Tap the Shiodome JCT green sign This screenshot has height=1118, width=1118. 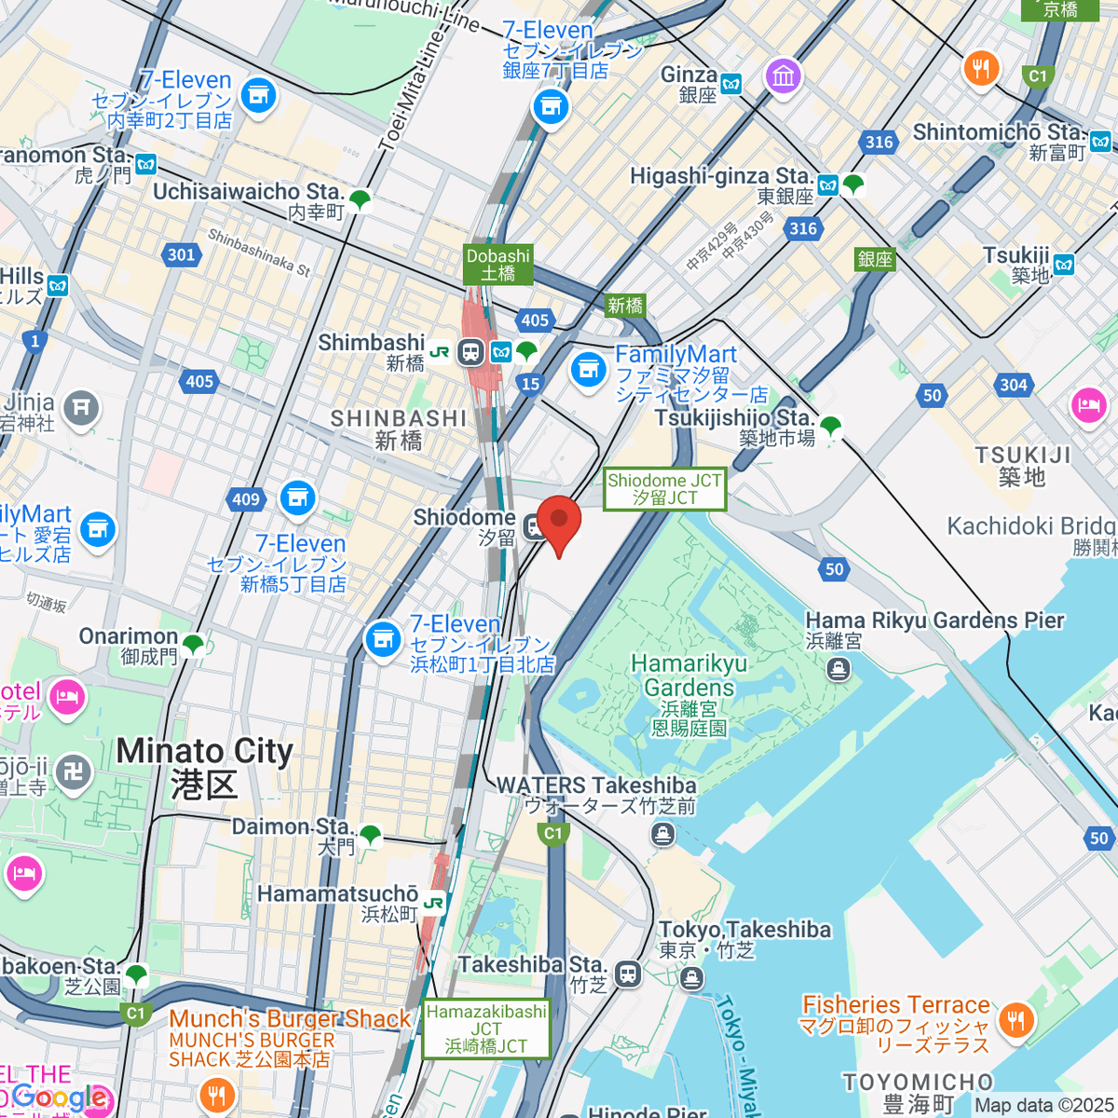pos(664,489)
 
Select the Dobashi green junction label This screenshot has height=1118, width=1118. pos(498,265)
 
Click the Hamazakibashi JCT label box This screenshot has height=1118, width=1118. pos(485,1029)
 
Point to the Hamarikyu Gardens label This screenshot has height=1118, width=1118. pos(689,675)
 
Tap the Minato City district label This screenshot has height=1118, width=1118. pos(204,766)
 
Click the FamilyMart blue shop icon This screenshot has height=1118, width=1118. pos(588,371)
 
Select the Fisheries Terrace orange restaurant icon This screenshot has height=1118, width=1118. pos(1016,1019)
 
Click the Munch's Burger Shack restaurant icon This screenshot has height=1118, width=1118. pos(216,1097)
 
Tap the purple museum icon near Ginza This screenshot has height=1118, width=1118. pos(784,75)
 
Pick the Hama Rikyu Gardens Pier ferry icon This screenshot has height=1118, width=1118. pos(838,668)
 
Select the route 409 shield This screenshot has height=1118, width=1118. pos(245,500)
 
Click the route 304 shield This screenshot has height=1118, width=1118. pos(1013,385)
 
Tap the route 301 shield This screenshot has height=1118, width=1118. pos(182,254)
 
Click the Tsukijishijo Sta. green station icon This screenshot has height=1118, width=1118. pos(830,426)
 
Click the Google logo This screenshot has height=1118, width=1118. pos(58,1098)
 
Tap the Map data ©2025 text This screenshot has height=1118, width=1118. pos(1043,1105)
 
